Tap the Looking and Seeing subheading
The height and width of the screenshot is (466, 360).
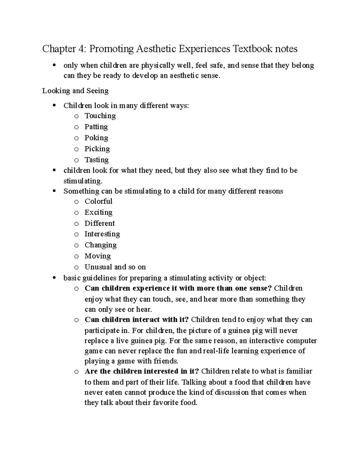[75, 91]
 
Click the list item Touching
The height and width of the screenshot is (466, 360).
[100, 116]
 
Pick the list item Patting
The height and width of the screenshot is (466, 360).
[96, 127]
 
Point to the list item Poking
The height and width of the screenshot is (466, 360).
[96, 138]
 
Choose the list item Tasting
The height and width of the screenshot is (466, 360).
[96, 160]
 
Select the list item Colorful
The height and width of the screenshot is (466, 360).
[98, 201]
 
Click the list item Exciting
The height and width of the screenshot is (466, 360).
[98, 212]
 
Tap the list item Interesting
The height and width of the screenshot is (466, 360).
[102, 234]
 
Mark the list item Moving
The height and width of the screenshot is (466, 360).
[97, 256]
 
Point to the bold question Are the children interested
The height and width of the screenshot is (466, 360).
[142, 371]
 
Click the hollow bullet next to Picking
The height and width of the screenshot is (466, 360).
[76, 149]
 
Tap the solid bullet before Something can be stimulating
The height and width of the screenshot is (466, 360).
[54, 191]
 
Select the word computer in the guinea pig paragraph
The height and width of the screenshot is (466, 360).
[301, 341]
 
